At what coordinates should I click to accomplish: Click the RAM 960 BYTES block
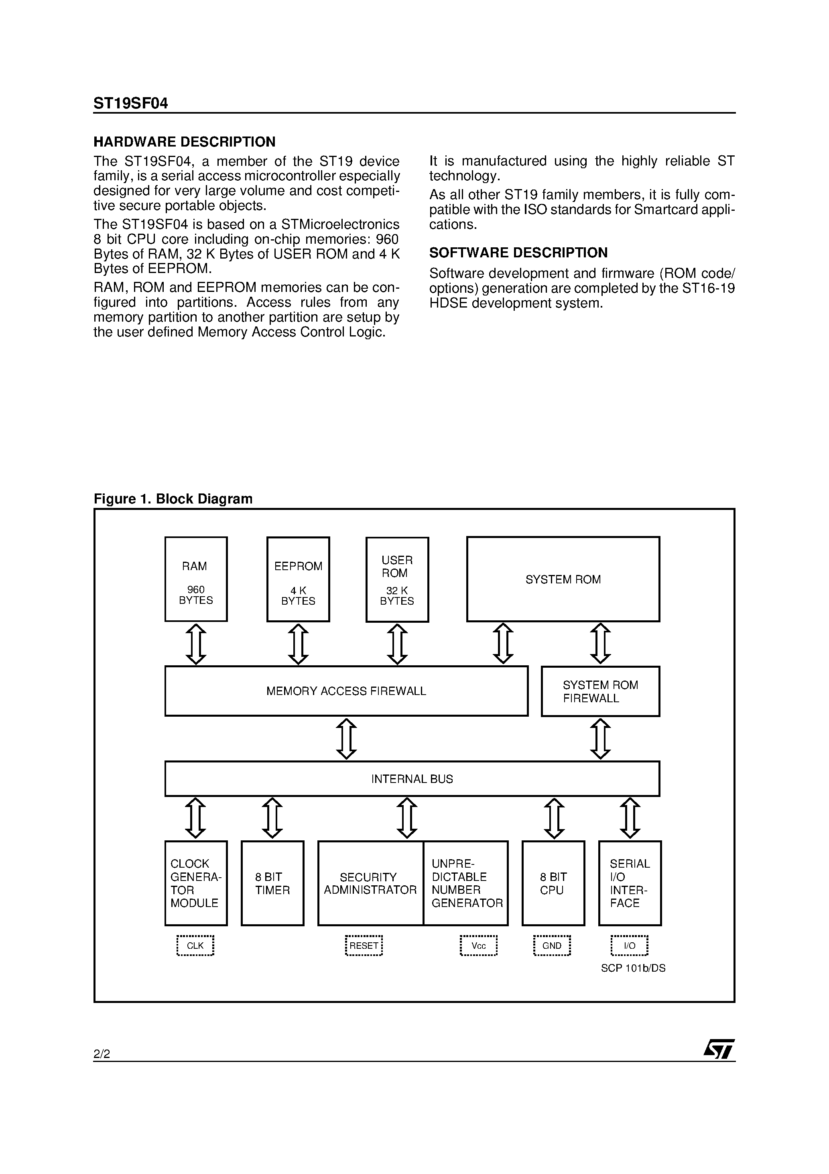196,579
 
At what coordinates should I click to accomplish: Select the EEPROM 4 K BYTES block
298,579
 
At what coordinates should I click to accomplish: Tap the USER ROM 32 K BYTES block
397,579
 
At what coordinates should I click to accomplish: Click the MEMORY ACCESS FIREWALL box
346,691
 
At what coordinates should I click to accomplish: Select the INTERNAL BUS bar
412,779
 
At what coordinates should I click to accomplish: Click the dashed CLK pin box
195,946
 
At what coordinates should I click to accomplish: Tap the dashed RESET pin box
364,946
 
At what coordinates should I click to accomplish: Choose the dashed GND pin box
552,946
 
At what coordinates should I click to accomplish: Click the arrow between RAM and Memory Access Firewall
196,644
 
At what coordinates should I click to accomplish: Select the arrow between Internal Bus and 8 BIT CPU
554,818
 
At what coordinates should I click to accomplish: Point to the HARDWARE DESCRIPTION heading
185,142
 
